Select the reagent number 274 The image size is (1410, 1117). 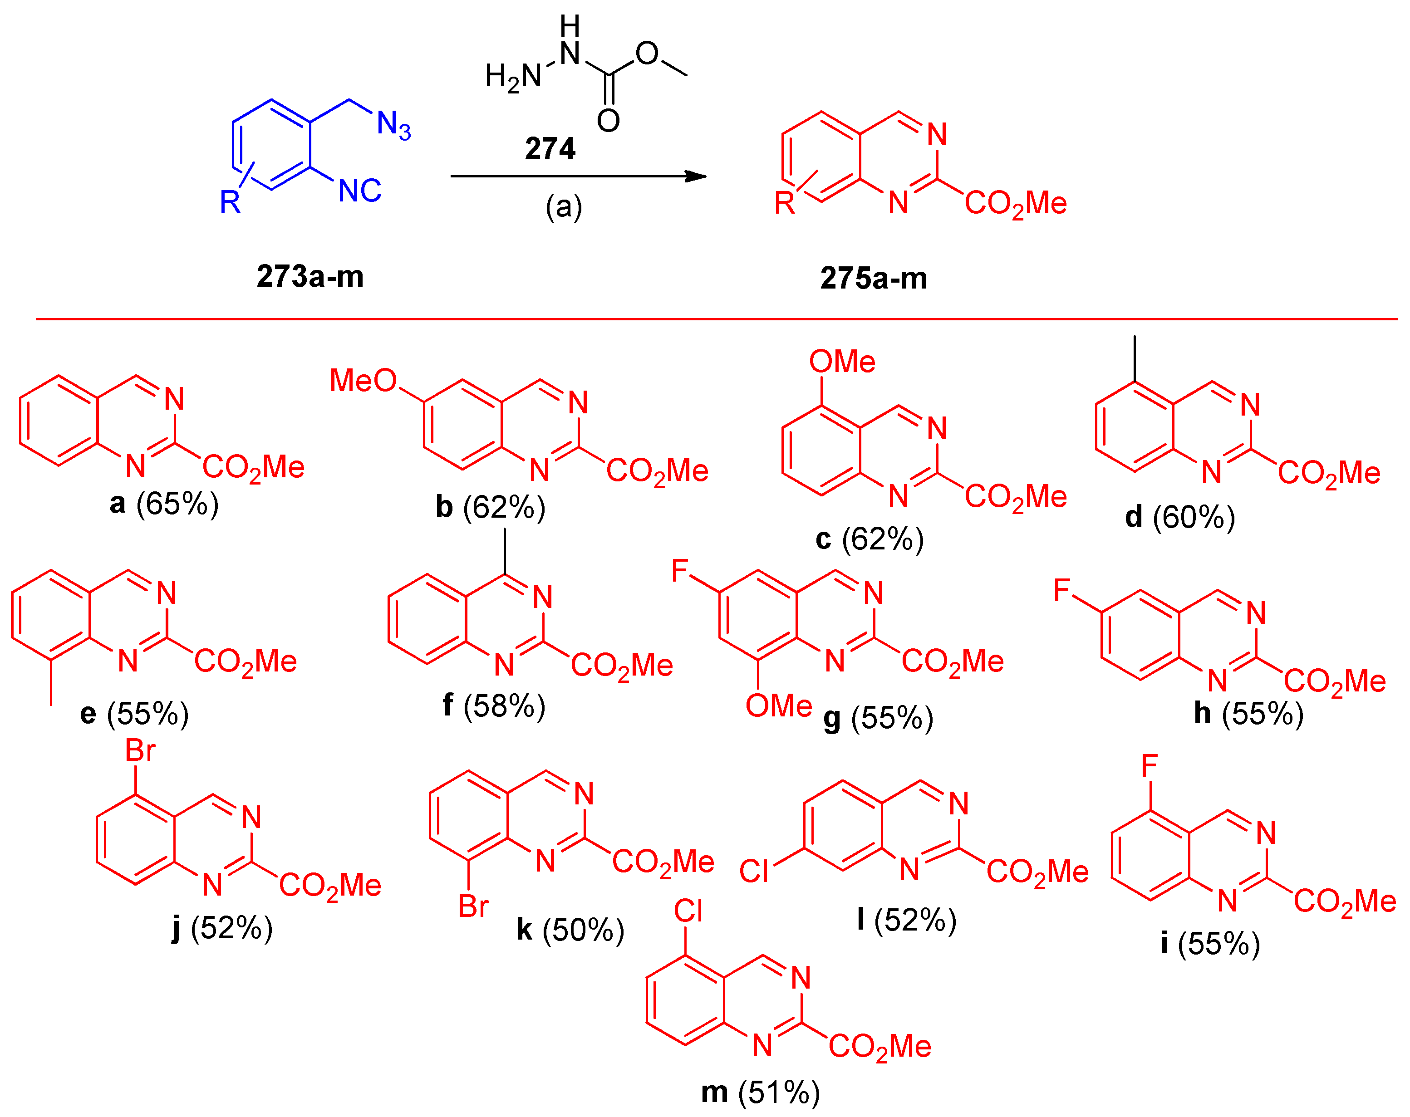550,148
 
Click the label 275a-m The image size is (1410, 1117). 873,279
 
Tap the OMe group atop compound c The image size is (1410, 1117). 842,361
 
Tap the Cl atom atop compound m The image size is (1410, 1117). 688,911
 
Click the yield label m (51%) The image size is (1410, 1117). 760,1092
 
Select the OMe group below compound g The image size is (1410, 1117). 778,705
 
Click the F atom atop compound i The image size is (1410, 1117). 1149,765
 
